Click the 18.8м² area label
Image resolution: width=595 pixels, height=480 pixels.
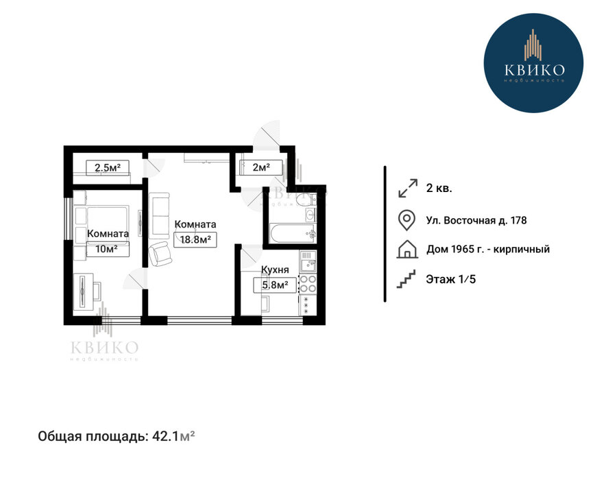[195, 239]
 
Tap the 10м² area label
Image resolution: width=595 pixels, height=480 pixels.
[108, 249]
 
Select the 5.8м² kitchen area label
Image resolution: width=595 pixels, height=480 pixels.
[275, 285]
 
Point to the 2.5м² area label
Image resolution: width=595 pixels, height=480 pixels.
[108, 167]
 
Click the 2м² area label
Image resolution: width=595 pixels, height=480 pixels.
[261, 167]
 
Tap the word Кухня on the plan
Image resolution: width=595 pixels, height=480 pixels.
[275, 269]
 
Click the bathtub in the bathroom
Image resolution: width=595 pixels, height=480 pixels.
[292, 233]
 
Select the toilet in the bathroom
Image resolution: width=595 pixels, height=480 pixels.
[307, 200]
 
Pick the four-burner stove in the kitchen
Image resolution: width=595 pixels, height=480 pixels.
[308, 284]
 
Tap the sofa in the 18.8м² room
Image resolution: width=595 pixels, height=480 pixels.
[159, 215]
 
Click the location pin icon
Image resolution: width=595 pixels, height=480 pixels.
[406, 221]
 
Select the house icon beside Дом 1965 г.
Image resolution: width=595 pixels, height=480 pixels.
[406, 250]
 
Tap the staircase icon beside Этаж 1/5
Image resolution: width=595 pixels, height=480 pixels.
[406, 279]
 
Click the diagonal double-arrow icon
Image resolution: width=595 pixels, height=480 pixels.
[408, 188]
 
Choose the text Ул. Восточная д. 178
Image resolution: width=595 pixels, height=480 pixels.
[476, 221]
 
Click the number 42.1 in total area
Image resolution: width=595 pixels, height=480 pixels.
[165, 436]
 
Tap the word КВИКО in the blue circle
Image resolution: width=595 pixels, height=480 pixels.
[534, 70]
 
